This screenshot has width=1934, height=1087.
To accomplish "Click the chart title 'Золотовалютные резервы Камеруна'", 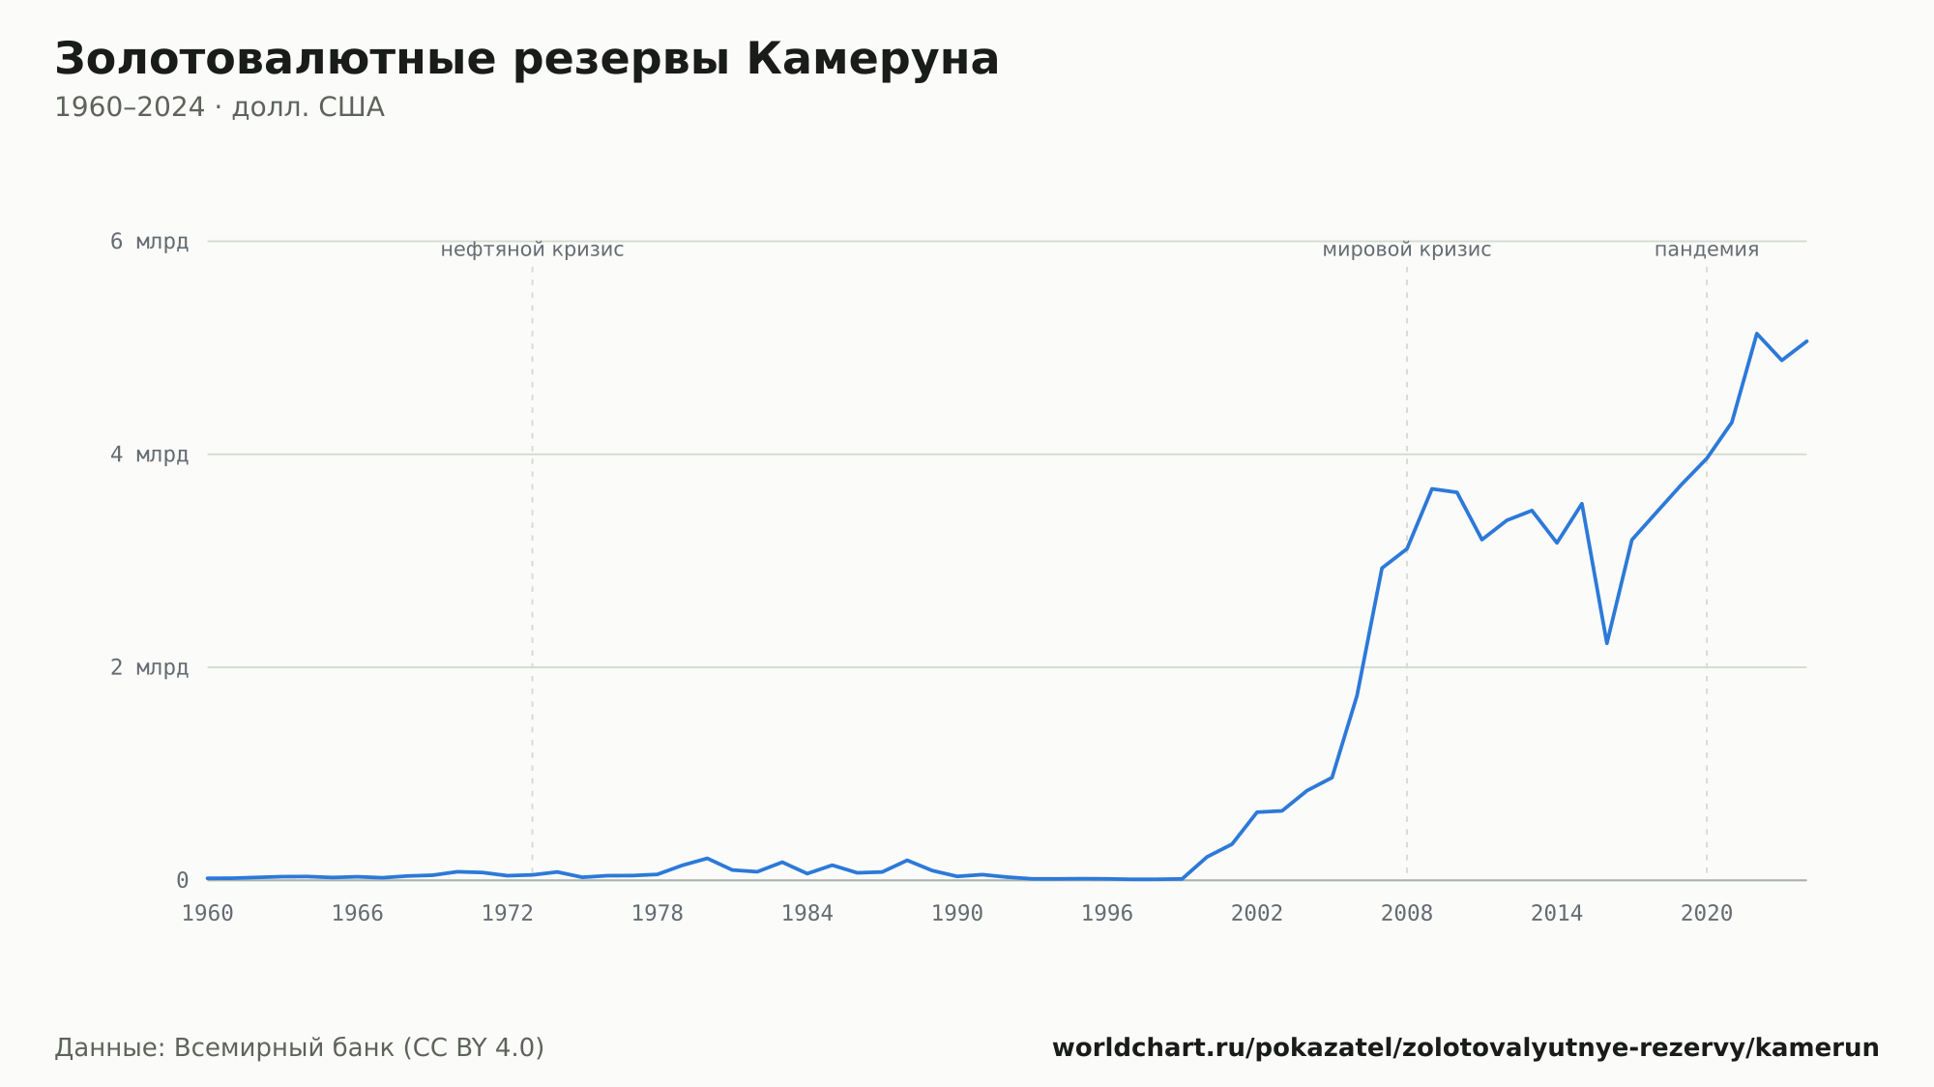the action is coord(527,60).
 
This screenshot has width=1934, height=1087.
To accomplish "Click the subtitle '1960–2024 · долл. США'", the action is coord(220,107).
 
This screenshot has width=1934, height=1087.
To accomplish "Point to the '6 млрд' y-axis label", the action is coord(149,242).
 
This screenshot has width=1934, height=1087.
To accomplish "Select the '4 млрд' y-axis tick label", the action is coord(149,455).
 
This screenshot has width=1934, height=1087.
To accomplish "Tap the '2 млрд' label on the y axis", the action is coord(149,667).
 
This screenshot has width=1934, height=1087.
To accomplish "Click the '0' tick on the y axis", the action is coord(182,880).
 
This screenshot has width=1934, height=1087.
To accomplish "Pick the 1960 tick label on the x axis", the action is coord(208,914).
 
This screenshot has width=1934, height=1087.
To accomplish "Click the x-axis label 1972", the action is coord(508,914).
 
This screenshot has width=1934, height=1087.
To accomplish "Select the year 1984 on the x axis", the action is coord(807,914).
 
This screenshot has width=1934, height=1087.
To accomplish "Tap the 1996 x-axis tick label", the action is coord(1107,914).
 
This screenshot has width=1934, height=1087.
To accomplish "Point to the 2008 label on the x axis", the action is coord(1407,914).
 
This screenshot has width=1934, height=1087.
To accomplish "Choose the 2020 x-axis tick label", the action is coord(1707,914).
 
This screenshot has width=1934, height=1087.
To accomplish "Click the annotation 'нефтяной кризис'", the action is coord(532,250).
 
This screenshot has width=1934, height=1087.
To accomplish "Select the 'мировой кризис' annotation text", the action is coord(1407,250).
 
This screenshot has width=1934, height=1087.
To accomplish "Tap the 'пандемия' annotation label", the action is coord(1707,250).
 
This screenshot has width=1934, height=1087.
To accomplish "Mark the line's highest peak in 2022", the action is coord(1757,334).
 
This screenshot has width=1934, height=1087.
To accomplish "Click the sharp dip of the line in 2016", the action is coord(1607,643).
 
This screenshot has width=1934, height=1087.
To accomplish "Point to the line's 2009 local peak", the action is coord(1432,488).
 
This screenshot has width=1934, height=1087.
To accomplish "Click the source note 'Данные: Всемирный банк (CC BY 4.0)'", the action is coord(300,1048).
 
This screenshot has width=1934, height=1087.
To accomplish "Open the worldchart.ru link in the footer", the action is coord(1466,1048).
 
